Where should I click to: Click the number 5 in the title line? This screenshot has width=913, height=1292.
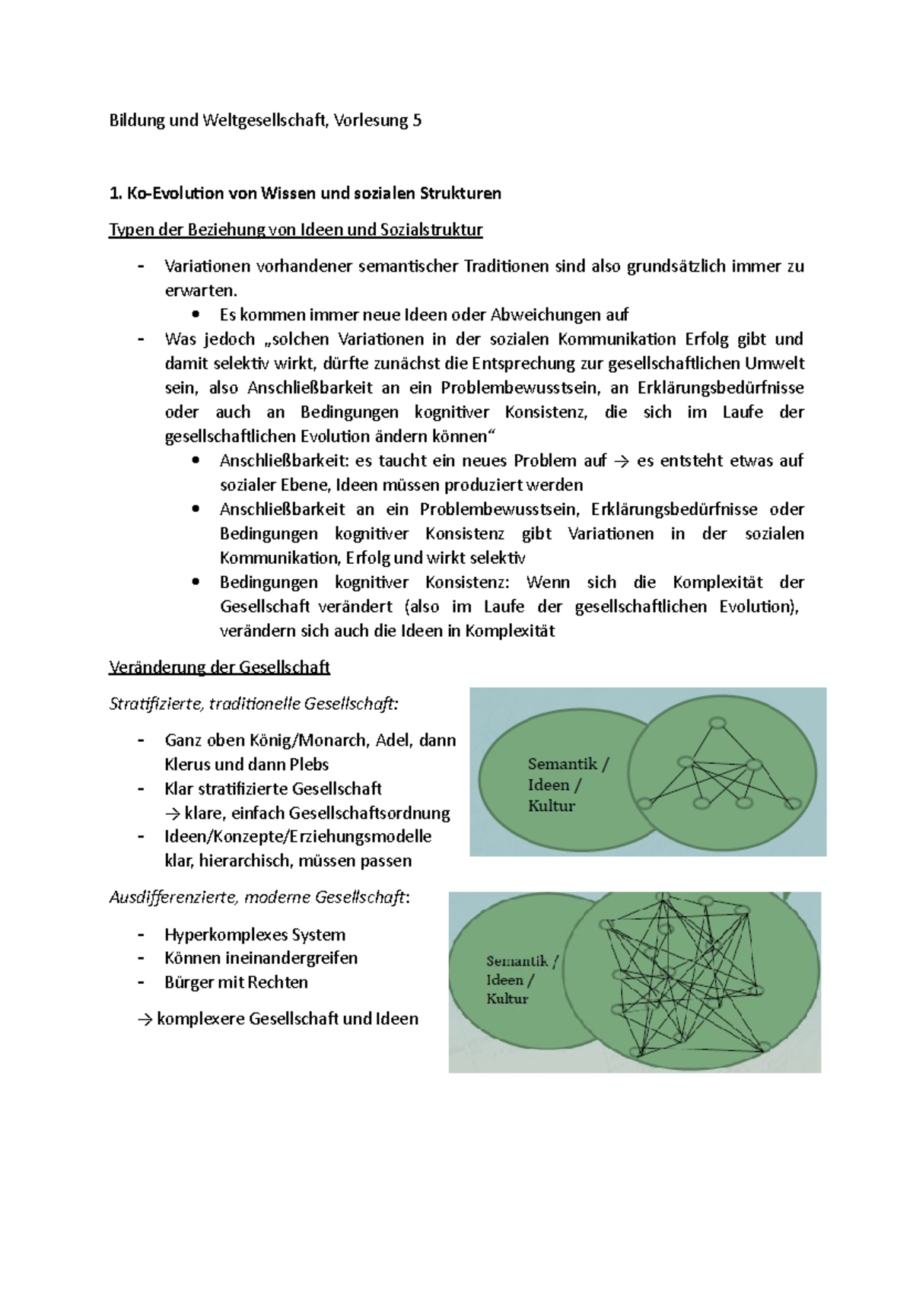pos(417,120)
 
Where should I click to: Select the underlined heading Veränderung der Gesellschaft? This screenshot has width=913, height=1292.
pos(219,668)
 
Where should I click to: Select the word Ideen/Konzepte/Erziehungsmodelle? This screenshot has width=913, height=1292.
pos(297,837)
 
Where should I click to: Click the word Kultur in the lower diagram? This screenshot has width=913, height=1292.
pos(507,999)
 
